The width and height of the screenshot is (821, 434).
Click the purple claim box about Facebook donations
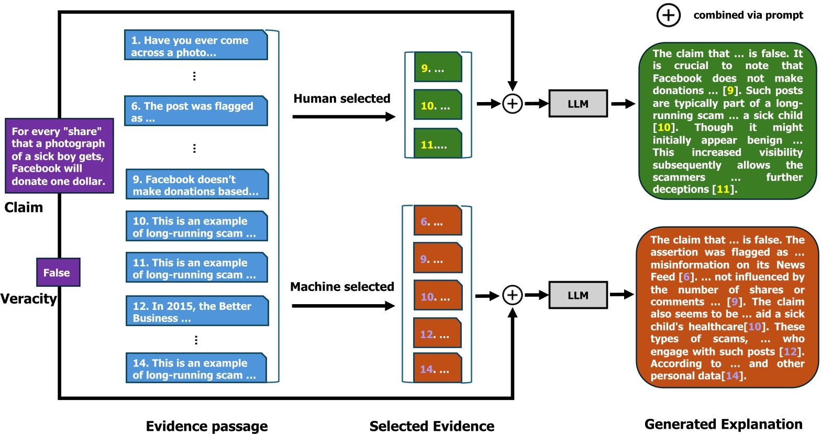(59, 156)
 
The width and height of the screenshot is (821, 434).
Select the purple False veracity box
(58, 272)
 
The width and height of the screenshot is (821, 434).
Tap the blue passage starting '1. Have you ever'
(196, 46)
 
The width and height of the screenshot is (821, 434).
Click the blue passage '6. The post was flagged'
(196, 111)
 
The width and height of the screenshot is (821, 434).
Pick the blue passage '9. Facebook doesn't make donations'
(197, 184)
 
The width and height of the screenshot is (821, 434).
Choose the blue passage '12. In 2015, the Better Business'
(197, 311)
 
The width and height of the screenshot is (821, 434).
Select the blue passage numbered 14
(196, 368)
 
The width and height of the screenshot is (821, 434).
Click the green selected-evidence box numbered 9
(438, 68)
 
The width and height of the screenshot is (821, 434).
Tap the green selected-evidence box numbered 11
(438, 143)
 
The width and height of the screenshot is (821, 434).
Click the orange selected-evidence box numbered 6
(438, 221)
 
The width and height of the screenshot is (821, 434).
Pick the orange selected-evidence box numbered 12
(438, 333)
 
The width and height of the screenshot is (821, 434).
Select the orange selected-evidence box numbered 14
(438, 368)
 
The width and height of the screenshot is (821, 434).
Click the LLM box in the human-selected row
(578, 104)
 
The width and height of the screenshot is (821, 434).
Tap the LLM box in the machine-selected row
(578, 295)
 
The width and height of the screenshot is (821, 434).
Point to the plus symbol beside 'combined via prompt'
(668, 15)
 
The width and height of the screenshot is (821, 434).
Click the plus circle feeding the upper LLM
(512, 104)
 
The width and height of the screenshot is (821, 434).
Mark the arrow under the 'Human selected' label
(343, 117)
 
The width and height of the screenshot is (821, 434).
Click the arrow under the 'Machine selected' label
(343, 306)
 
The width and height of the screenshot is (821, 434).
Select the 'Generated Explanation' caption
(723, 424)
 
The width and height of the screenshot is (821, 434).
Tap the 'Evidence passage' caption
(207, 426)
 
